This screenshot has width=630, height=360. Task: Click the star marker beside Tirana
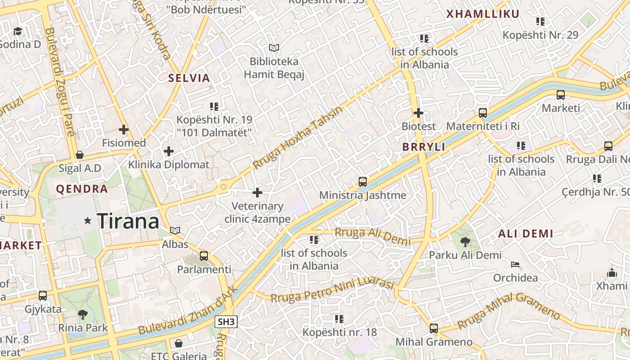coord(88,220)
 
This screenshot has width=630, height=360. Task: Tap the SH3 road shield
coord(226,321)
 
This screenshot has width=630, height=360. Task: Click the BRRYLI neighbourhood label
coord(423,147)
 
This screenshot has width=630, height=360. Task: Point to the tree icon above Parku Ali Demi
coord(465,242)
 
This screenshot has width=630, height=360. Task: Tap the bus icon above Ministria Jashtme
coord(363,182)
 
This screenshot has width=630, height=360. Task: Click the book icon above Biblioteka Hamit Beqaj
coord(274,48)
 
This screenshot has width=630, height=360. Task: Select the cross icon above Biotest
coord(418,113)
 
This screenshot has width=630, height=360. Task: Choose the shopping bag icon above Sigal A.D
coord(80,155)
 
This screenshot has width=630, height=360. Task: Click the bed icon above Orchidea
coord(515,265)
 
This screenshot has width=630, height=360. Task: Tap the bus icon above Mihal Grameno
coord(434,328)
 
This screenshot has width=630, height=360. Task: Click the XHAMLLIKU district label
coord(483,14)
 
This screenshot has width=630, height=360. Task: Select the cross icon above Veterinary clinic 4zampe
coord(257,193)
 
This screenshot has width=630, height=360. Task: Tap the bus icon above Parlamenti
coord(204,256)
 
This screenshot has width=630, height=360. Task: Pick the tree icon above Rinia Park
coord(83,314)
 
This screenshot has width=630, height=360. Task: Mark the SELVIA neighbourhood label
coord(189,78)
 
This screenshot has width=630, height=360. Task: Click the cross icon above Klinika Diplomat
coord(169,151)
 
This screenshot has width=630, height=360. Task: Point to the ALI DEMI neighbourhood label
coord(526,234)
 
